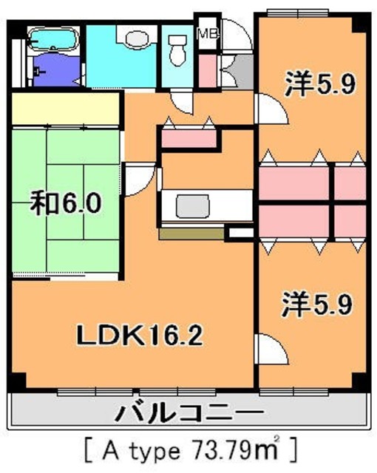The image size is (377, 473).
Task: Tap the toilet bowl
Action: pyautogui.click(x=176, y=52)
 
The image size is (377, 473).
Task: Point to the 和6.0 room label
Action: pyautogui.click(x=65, y=202)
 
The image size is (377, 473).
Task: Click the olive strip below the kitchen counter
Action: pyautogui.click(x=191, y=234)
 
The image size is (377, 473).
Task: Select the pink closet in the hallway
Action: pyautogui.click(x=188, y=137)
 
